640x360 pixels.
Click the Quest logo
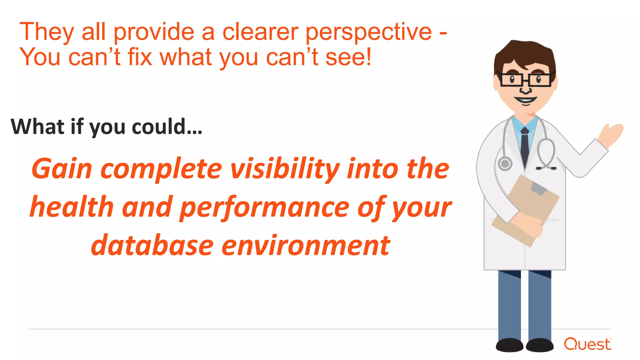click(587, 344)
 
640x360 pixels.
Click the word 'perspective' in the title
click(369, 32)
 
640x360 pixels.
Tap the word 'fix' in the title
click(140, 57)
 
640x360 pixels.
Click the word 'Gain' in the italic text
click(62, 169)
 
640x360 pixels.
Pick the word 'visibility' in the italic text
click(285, 169)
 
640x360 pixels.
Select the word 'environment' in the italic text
click(306, 246)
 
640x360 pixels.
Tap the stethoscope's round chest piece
click(505, 163)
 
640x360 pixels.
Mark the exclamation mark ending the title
click(369, 57)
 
